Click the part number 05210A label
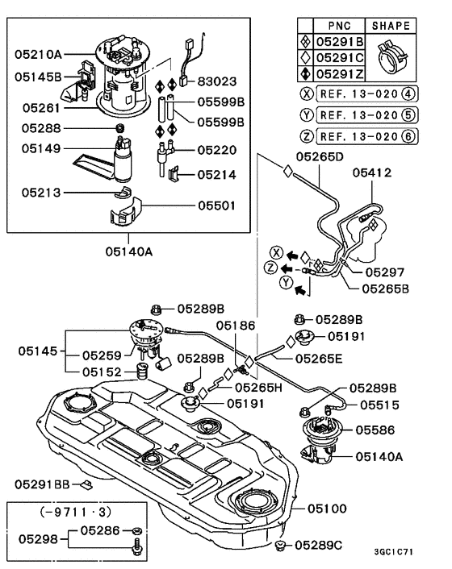tap(38, 54)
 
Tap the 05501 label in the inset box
tap(216, 206)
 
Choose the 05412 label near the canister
tap(372, 172)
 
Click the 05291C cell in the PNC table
tap(339, 56)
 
